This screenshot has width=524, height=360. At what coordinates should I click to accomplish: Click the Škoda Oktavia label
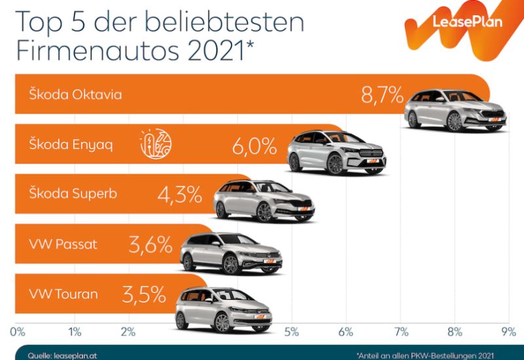(x=75, y=94)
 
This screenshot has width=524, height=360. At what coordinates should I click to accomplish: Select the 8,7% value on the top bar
(x=381, y=95)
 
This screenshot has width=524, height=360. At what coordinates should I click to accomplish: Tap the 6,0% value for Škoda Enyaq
(x=254, y=145)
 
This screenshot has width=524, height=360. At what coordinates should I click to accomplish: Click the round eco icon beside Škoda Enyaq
(x=156, y=144)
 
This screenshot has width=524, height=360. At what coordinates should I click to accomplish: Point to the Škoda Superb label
(x=74, y=194)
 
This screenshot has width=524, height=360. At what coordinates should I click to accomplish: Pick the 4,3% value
(x=179, y=194)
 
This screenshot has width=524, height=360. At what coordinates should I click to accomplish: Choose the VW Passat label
(x=63, y=244)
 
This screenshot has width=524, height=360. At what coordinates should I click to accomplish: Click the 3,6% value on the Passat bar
(x=150, y=245)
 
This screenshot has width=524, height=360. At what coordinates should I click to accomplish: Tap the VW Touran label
(x=64, y=294)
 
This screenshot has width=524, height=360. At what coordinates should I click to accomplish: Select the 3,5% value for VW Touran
(x=143, y=295)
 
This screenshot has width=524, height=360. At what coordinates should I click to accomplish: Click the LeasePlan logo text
(x=462, y=22)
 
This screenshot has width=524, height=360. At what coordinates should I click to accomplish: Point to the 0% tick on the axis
(x=18, y=329)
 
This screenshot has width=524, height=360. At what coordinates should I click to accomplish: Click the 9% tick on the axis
(x=508, y=329)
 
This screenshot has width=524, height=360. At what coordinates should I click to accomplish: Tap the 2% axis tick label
(x=127, y=329)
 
